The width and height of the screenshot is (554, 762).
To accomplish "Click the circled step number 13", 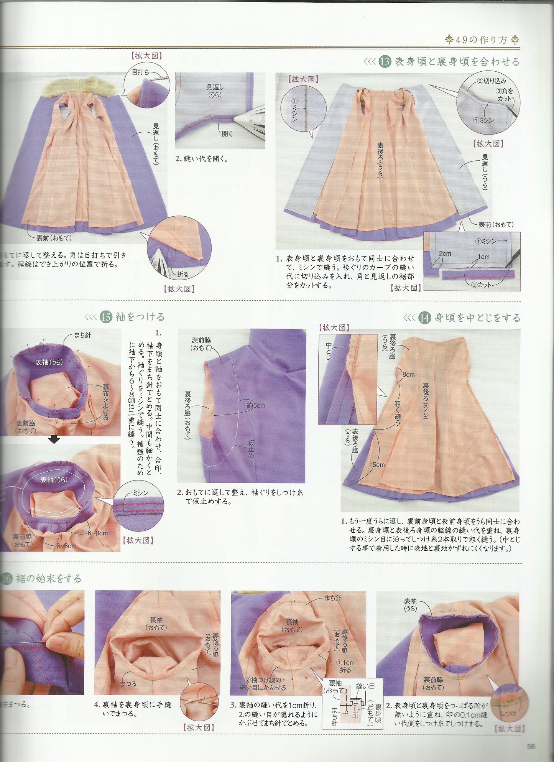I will pos(384,62).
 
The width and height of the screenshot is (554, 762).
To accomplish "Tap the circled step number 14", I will pos(424,318).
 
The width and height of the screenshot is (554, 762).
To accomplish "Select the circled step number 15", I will pos(105,317).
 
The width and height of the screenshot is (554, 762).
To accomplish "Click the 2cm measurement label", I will pos(445,253).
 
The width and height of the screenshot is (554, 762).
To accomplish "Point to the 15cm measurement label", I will pos(377,465).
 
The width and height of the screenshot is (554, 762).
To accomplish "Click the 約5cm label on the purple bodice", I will pos(256,405).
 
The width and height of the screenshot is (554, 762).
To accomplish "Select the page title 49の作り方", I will pos(482,39).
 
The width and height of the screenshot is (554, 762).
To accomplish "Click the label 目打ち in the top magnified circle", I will pos(140,72).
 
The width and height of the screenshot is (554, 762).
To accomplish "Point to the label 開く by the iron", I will pos(227,133).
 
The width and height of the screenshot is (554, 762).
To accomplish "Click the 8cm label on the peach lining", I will pos(408,374).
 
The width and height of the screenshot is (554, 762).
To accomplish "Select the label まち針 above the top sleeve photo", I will pos(82,335).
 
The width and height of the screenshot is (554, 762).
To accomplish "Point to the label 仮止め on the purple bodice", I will pos(251,449).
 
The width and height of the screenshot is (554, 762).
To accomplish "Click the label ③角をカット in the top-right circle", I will pos(505,95).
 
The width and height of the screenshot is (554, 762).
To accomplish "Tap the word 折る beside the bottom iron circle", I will pos(183,274).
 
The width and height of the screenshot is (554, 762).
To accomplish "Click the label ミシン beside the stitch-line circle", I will pos(140,493).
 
